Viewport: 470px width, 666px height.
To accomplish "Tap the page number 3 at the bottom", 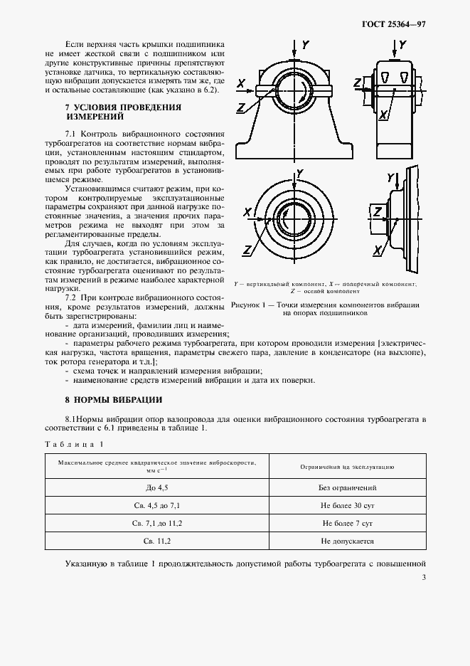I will click(423, 577).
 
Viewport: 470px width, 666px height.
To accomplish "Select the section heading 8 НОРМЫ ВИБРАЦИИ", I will click(113, 399).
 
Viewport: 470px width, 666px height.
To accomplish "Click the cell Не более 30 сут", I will click(348, 506).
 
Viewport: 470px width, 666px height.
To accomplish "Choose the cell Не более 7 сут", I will click(348, 523).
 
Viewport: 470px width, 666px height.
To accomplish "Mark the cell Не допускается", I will click(348, 541).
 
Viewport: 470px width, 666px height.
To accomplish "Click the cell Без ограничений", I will click(348, 488).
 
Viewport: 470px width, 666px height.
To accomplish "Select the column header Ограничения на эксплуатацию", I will click(348, 467).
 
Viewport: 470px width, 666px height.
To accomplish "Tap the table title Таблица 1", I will click(74, 445).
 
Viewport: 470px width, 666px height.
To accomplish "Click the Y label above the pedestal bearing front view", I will click(304, 45).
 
